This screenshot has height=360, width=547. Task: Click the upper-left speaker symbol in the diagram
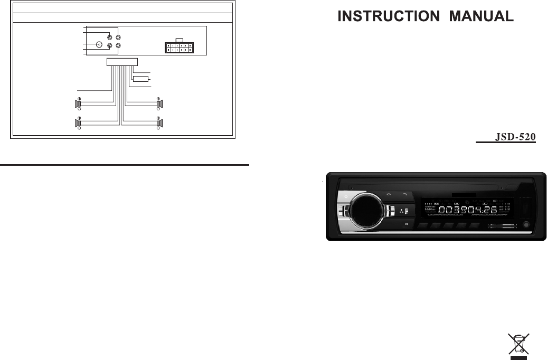76,103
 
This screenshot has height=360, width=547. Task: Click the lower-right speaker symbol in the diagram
160,124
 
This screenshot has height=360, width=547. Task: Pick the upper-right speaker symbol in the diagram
160,103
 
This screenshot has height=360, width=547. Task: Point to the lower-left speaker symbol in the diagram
76,124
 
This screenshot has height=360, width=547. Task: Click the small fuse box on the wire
140,79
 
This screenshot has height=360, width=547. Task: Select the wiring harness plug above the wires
122,62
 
